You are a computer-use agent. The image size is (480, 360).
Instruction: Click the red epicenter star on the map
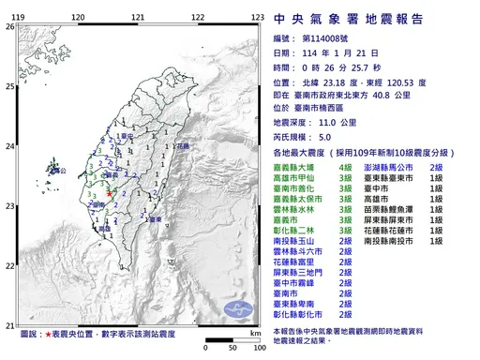point(110,193)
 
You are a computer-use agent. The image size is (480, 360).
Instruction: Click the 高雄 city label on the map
point(102,228)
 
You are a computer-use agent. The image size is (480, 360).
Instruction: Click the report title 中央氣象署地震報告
point(346,18)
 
